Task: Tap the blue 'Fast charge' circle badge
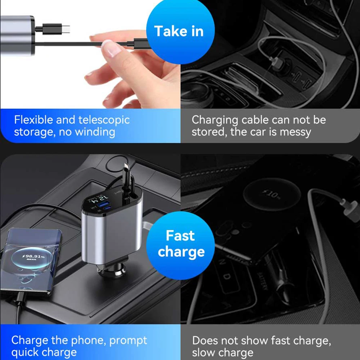pyautogui.click(x=181, y=244)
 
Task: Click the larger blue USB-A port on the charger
pyautogui.click(x=100, y=206)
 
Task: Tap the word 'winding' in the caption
pyautogui.click(x=95, y=132)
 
